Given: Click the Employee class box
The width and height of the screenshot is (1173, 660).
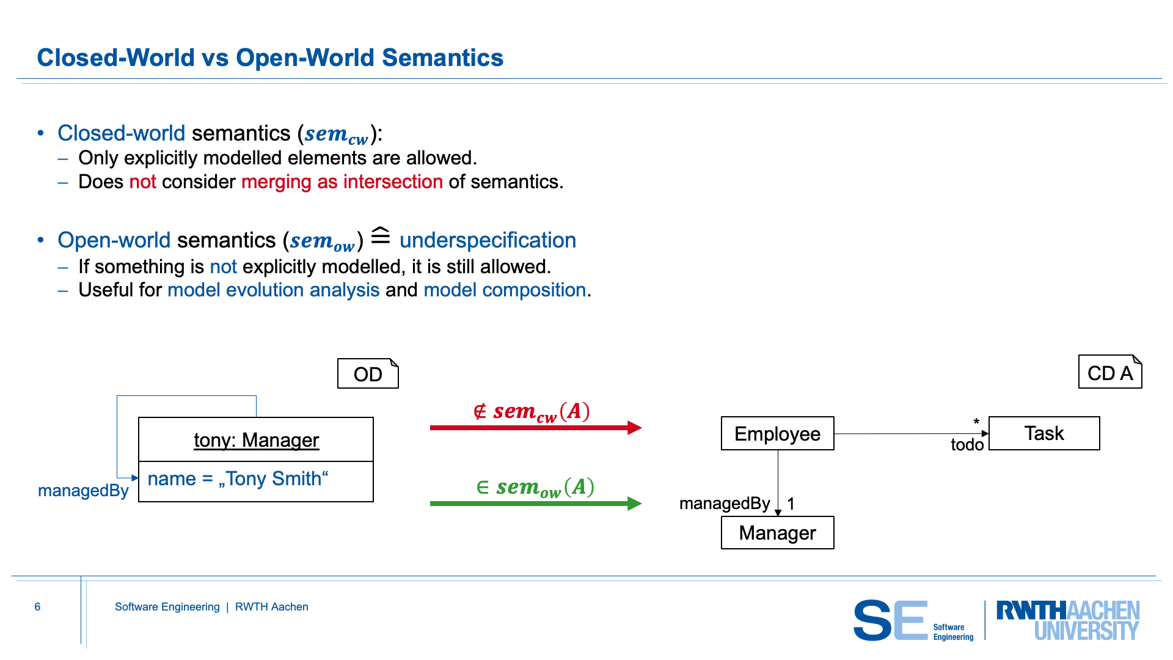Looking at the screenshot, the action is (777, 433).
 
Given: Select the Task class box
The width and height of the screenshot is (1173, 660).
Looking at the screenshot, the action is (1044, 433).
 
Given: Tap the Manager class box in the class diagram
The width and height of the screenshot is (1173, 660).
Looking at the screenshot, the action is (777, 533).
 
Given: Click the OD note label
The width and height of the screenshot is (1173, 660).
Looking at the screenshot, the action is (368, 373).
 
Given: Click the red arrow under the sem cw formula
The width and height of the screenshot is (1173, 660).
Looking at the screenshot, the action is (536, 428).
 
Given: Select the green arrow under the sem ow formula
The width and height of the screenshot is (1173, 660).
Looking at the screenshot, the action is (536, 504).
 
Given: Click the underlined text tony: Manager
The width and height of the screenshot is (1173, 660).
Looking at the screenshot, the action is (256, 440).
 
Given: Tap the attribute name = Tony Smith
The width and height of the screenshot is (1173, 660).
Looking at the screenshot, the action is (238, 479).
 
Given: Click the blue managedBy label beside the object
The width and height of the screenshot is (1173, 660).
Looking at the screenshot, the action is (83, 491).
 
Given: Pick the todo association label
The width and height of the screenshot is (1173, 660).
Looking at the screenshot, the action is (967, 444).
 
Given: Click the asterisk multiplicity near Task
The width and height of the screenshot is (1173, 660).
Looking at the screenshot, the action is (976, 422).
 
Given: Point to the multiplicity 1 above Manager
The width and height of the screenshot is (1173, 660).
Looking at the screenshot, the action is (791, 504).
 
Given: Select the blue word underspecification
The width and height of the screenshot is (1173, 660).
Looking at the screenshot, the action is (488, 240).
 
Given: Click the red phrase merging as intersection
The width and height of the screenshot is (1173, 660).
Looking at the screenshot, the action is (342, 182).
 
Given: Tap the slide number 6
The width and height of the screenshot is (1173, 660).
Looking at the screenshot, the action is (37, 607).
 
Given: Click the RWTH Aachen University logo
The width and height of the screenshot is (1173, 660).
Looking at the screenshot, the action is (1068, 620).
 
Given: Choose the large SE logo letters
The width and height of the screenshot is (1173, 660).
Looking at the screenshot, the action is (891, 620).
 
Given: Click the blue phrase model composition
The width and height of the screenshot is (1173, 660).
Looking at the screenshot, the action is (505, 290).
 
